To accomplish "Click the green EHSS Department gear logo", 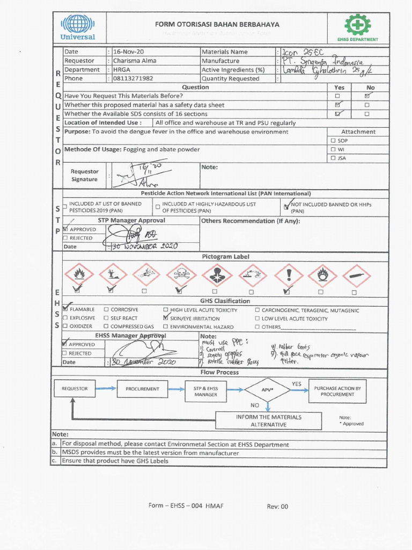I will tap(357, 25).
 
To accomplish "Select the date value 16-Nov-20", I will tap(125, 52).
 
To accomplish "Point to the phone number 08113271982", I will tap(133, 78).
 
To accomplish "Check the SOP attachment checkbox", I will tap(333, 141).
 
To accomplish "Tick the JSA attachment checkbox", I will tap(333, 158).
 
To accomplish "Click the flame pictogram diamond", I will tap(79, 274).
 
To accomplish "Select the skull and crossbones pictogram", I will tap(181, 274).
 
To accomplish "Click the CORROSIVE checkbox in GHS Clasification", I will tap(106, 310).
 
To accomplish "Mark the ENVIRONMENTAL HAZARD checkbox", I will tap(166, 327).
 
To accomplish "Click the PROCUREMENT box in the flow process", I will tap(142, 388).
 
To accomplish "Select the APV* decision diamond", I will tap(267, 389).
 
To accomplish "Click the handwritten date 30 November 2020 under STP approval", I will tap(144, 247).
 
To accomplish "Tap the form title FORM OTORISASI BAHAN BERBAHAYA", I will tap(210, 24).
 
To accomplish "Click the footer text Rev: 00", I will tap(277, 506).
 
